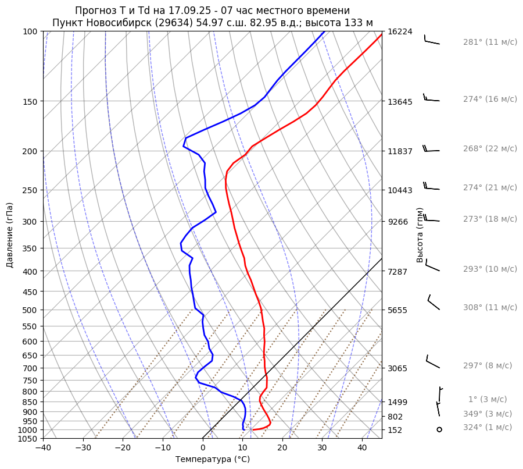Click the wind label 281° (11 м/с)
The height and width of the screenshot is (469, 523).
(490, 42)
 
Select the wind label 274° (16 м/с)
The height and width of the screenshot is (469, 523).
(490, 100)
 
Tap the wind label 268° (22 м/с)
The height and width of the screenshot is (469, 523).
(490, 149)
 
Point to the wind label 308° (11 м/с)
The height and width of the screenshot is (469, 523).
(490, 308)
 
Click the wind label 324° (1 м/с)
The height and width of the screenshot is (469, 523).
(488, 428)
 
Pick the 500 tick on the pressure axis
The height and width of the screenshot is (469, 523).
(31, 310)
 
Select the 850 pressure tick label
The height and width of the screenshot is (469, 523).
(31, 402)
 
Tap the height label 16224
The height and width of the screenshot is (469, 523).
(400, 31)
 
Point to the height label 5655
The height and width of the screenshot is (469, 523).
(397, 310)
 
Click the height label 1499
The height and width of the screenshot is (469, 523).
(397, 402)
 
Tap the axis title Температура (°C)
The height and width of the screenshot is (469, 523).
(213, 460)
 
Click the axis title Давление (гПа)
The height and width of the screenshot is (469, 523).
(10, 235)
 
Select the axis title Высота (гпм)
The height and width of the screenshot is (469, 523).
(420, 235)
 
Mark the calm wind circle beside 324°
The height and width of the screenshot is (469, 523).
(439, 429)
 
